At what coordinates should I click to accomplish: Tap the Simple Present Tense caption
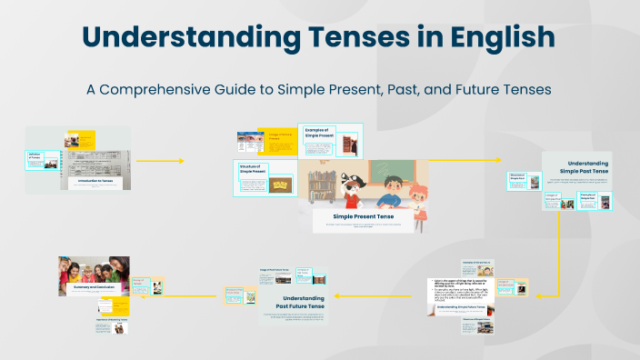(x=364, y=216)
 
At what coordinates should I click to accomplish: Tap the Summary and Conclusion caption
(x=94, y=287)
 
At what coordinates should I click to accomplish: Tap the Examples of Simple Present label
(x=319, y=134)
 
